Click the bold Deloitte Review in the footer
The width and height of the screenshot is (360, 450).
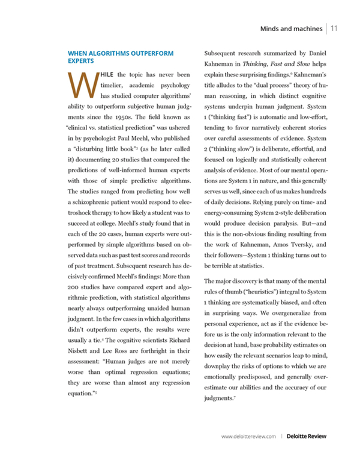(307, 437)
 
